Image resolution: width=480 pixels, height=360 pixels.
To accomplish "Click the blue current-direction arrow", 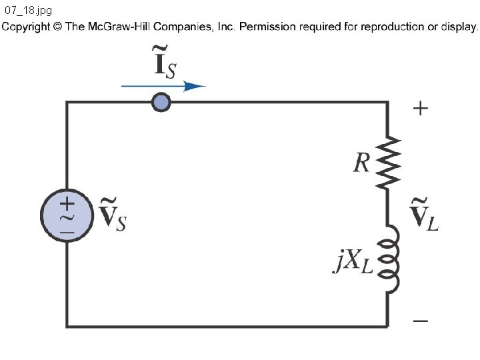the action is pos(164,86).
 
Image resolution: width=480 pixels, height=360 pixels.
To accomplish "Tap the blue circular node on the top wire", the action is pos(161,102).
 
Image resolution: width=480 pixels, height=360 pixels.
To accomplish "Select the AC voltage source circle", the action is pos(67,215).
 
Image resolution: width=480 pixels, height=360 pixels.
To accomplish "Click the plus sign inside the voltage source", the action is pos(67,203).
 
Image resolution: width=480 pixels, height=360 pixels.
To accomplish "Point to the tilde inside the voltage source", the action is pos(67,218).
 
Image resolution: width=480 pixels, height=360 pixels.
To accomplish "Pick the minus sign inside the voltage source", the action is pos(67,233).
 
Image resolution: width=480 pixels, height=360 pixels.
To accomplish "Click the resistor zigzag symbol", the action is pos(388,163).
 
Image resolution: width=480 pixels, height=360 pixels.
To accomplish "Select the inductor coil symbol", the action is pos(389,259).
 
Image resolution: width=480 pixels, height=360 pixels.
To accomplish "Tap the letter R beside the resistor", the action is pos(361,163).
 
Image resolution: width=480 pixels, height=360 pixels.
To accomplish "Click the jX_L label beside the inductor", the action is pos(353,261).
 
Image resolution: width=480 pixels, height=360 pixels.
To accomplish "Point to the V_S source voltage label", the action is pos(113,214).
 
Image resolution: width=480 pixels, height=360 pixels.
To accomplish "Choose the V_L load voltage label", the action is pos(424,214).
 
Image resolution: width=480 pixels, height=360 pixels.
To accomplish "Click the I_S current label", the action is pos(165,62).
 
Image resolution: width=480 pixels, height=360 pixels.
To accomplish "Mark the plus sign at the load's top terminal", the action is pos(420,109).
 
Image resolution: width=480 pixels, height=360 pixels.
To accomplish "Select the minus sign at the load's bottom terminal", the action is pos(421,321).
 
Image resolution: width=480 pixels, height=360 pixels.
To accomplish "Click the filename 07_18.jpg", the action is pos(28,11).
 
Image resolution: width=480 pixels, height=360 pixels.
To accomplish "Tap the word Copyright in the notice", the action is pos(26,27).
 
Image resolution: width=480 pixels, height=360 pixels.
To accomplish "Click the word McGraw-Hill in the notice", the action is pos(119,27).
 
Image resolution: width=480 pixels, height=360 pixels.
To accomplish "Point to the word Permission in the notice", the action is pos(267,27).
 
